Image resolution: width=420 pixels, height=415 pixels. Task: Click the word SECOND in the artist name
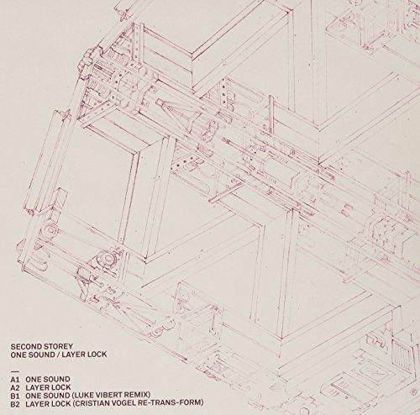coord(24,346)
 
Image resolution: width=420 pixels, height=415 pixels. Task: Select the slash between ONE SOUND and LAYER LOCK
coord(58,355)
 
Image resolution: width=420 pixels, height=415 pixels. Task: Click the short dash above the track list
coord(14,372)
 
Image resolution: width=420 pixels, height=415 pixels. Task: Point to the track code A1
coord(15,380)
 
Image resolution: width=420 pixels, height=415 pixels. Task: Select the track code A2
coord(16,387)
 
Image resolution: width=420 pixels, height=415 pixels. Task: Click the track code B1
coord(15,395)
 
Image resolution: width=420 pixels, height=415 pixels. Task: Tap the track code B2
coord(16,403)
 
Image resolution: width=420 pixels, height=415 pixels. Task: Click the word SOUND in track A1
coord(55,380)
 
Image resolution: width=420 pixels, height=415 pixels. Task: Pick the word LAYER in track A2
coord(36,387)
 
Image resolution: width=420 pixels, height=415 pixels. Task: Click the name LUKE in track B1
coord(83,395)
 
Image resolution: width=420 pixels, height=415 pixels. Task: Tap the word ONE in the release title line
coord(18,355)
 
